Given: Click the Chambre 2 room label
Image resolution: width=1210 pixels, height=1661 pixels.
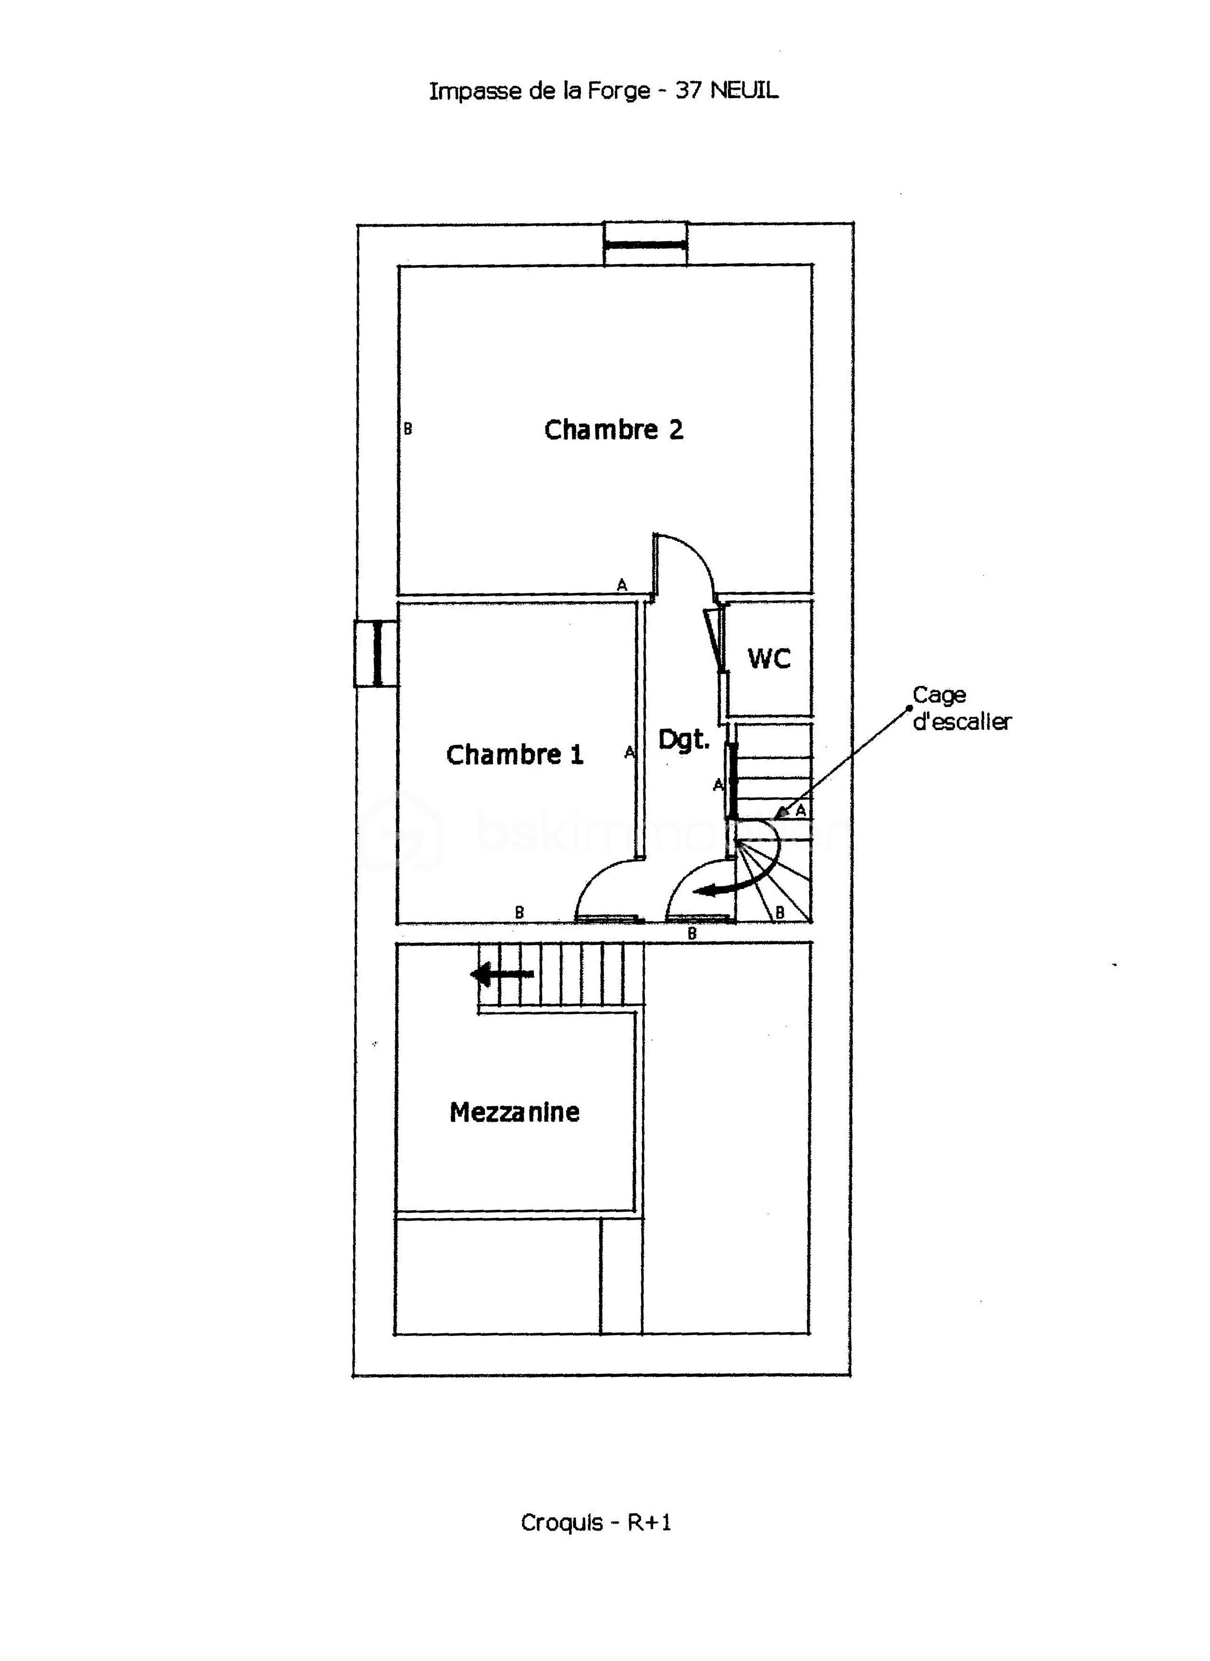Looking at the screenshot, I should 614,430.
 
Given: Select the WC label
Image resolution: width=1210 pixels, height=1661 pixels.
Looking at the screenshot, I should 769,659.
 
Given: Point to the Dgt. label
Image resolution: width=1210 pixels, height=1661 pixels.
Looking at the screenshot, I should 684,739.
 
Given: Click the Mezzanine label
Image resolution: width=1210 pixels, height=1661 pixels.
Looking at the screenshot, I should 514,1112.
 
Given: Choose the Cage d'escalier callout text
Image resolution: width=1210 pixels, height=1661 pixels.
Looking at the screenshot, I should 961,708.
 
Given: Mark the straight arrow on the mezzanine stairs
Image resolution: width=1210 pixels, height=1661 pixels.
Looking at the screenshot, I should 503,975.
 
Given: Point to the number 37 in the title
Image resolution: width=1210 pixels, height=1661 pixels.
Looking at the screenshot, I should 689,91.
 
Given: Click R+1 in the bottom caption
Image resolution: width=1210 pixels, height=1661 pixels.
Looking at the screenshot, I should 649,1522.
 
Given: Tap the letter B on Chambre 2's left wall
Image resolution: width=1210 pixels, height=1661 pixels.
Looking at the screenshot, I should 408,429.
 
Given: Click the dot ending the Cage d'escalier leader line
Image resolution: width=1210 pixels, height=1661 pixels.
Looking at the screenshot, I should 910,707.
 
